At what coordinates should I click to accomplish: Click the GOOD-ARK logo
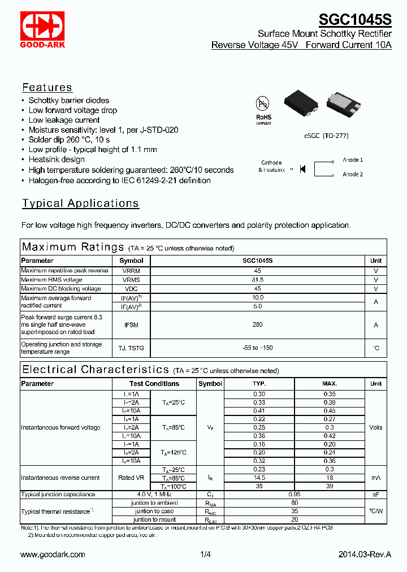[43, 30]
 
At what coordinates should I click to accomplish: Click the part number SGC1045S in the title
[355, 20]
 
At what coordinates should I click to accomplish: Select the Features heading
[47, 87]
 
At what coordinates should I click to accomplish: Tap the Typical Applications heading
[80, 203]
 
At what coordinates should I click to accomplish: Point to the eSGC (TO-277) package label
[326, 136]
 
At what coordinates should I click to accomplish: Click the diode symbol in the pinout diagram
[302, 168]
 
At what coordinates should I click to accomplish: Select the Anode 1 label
[353, 160]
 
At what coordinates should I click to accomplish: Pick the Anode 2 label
[353, 175]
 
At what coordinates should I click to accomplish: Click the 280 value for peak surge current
[257, 325]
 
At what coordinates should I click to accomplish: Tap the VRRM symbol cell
[131, 271]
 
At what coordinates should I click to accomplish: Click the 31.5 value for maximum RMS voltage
[257, 280]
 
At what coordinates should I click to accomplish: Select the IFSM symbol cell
[131, 325]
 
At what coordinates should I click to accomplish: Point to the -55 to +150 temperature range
[257, 348]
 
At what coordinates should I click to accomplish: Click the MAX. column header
[330, 383]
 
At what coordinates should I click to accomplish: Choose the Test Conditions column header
[154, 383]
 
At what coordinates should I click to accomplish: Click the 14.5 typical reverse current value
[259, 478]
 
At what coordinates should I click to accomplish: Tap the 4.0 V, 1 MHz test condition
[154, 495]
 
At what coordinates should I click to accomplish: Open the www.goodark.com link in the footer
[53, 554]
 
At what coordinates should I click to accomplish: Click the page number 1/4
[205, 554]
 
